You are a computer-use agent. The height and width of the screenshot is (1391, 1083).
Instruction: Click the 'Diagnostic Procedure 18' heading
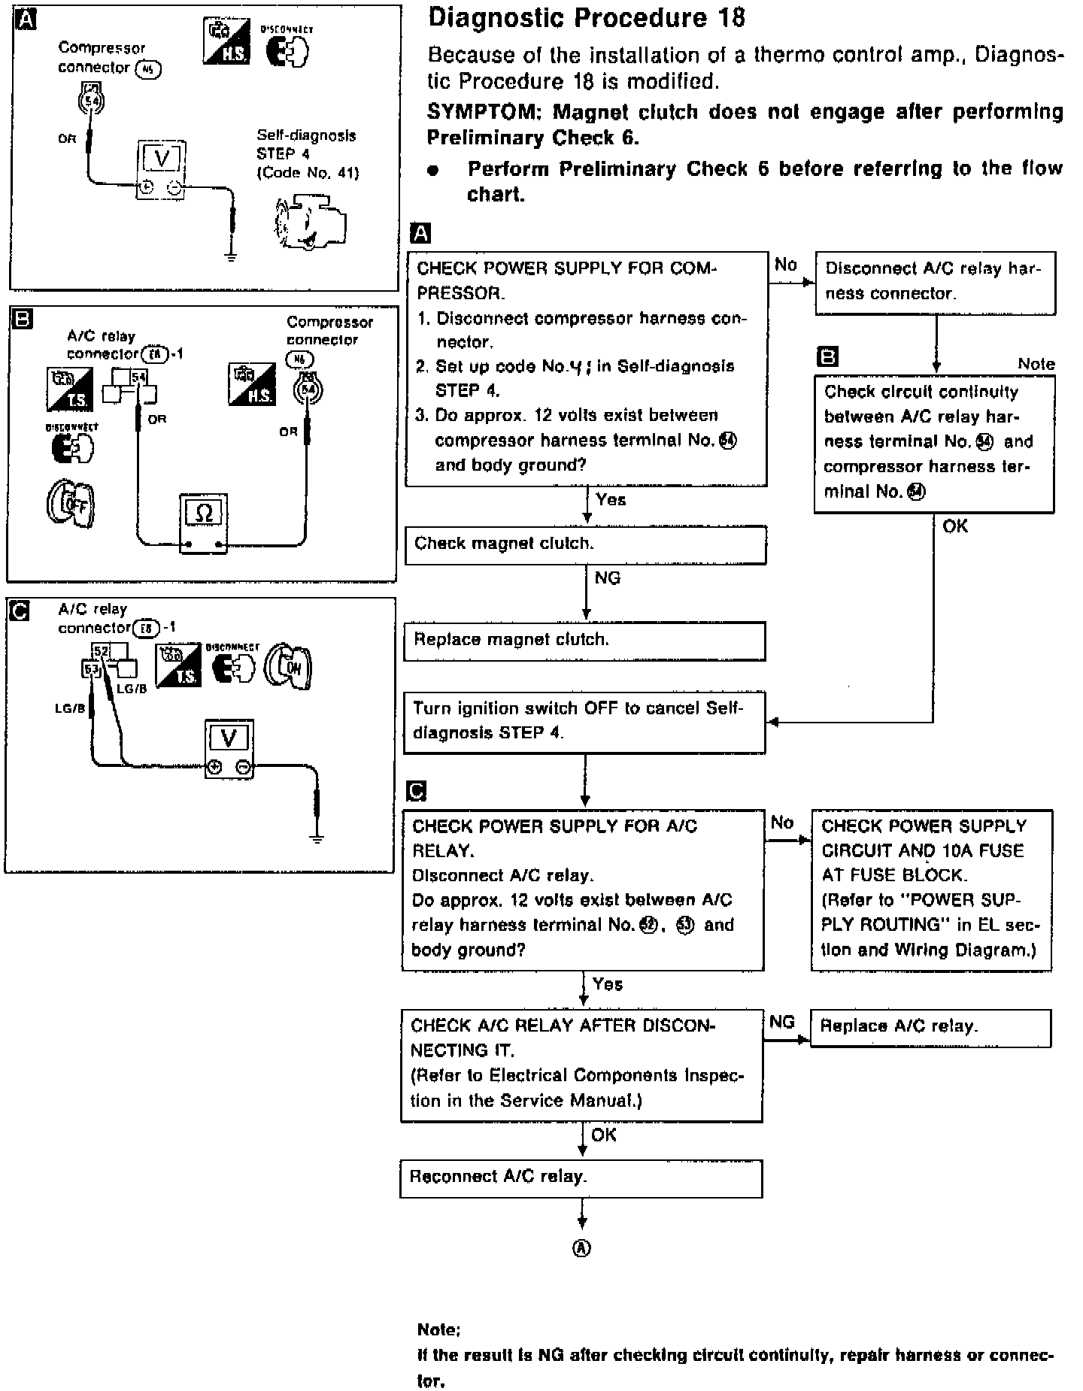[x=586, y=18]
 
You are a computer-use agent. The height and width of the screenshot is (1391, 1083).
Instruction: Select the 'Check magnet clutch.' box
[x=585, y=544]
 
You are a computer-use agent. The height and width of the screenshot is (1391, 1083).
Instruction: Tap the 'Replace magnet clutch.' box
[x=584, y=641]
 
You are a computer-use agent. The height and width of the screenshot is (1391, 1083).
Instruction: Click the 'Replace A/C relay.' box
[x=930, y=1027]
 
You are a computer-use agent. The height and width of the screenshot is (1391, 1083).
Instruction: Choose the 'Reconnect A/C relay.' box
[x=581, y=1178]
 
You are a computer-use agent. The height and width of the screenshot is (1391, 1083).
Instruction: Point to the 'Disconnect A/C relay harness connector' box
[x=935, y=282]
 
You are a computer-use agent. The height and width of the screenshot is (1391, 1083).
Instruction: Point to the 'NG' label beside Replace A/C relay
[x=782, y=1022]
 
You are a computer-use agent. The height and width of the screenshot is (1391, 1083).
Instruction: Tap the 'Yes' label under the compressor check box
[x=611, y=500]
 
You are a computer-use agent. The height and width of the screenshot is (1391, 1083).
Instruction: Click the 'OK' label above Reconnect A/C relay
[x=604, y=1135]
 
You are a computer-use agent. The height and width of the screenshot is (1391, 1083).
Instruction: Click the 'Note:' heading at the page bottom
[x=438, y=1330]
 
